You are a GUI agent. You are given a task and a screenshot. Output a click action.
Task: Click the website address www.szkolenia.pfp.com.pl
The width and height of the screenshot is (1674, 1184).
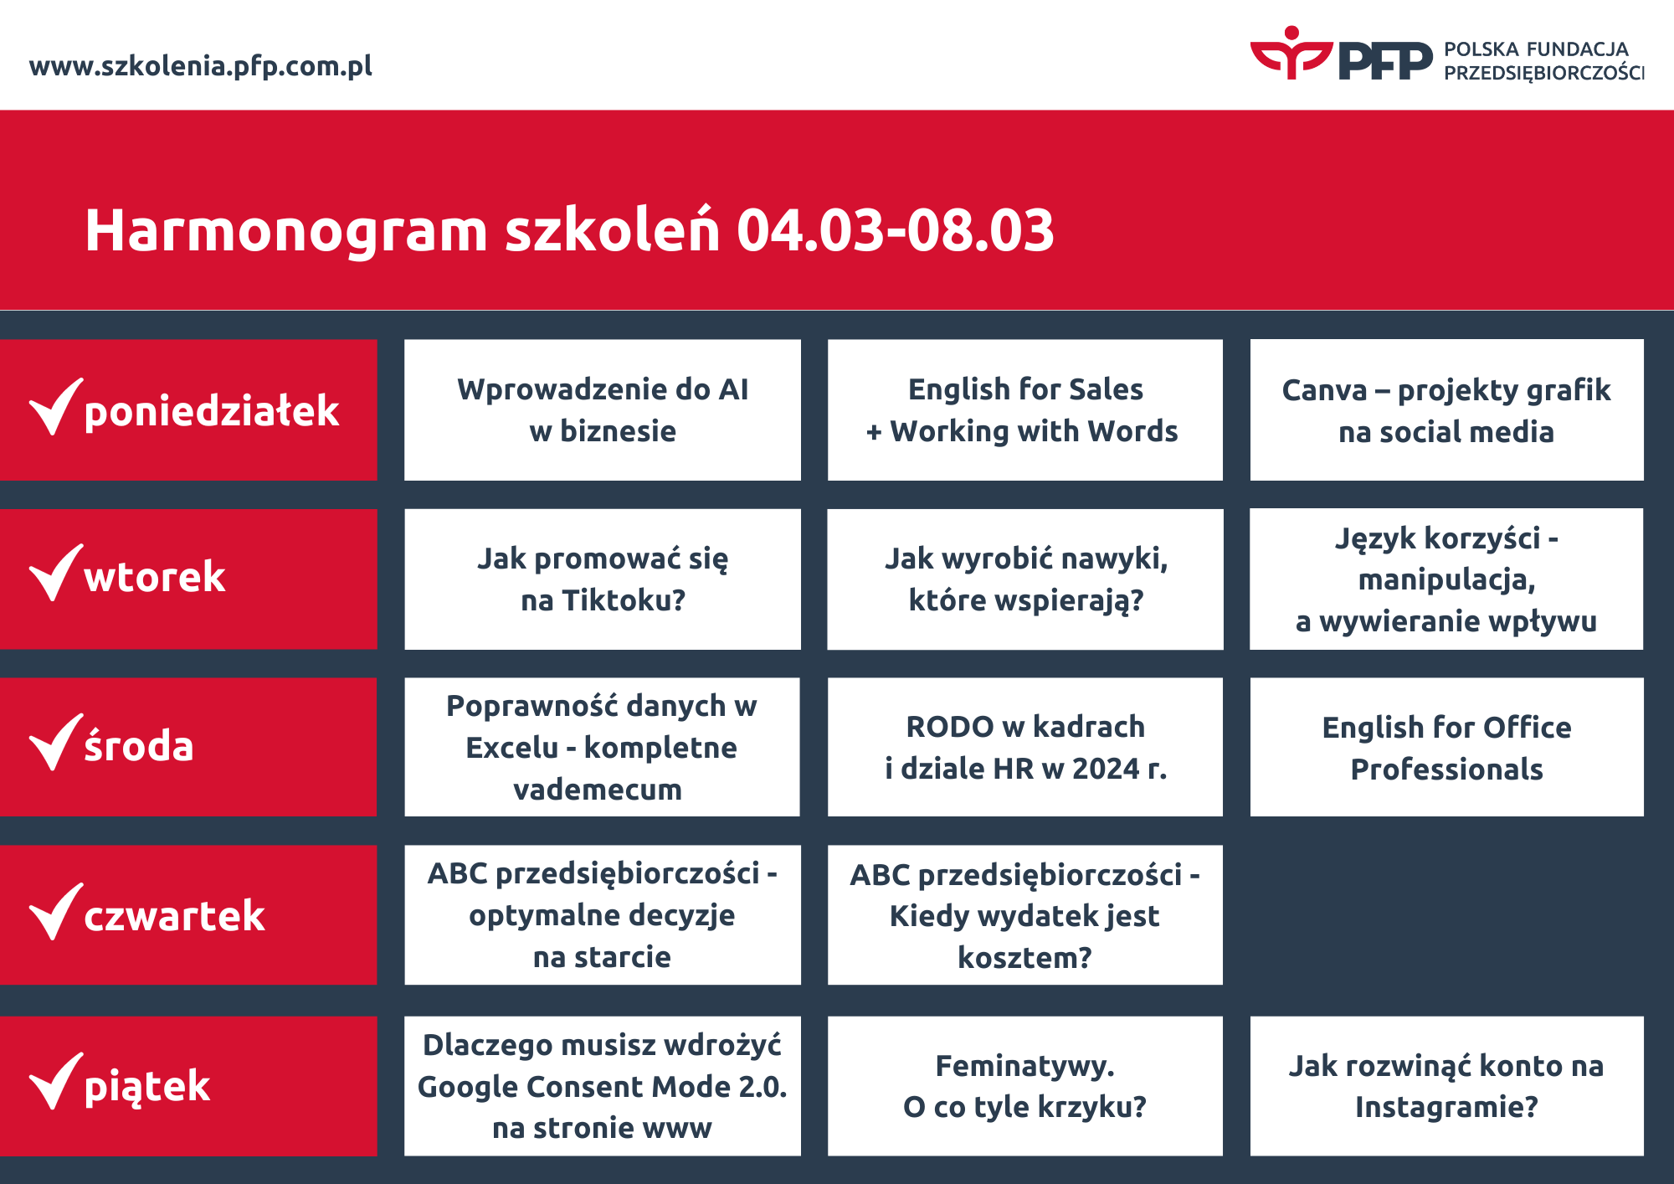[200, 66]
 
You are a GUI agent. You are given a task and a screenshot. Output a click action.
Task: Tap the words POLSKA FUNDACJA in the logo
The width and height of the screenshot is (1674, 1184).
[1535, 49]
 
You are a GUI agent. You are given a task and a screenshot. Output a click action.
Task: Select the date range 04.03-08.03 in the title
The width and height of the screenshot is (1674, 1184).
[895, 231]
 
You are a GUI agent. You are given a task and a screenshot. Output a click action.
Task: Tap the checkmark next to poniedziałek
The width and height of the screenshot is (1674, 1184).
[55, 408]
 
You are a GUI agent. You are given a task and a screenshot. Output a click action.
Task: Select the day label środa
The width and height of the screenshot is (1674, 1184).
[139, 746]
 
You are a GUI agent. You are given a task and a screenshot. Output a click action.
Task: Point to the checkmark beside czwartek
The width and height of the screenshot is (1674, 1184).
[55, 913]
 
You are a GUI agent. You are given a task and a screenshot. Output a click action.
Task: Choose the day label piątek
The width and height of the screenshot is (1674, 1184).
[147, 1086]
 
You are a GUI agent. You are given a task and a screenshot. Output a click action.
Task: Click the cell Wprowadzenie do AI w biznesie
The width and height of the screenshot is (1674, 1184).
[602, 410]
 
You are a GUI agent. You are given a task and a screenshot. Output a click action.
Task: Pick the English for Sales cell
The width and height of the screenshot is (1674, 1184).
[1024, 410]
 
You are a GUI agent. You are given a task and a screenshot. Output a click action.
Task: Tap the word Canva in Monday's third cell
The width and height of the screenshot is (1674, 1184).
[1323, 390]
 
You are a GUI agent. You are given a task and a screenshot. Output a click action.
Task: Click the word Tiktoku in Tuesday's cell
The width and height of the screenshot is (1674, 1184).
[624, 600]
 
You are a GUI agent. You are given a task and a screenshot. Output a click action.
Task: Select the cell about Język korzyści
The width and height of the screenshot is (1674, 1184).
[1445, 579]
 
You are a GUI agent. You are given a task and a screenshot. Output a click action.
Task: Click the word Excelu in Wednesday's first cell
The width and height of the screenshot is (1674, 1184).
[511, 748]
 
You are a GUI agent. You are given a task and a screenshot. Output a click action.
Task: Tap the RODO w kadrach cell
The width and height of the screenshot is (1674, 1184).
[1024, 747]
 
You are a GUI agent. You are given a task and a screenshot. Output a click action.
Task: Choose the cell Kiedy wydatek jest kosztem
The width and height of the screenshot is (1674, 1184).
[1024, 916]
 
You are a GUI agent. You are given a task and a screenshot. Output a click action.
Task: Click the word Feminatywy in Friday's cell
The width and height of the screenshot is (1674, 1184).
[1024, 1066]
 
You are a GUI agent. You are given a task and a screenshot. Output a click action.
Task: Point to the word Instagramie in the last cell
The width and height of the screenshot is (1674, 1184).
[1445, 1107]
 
